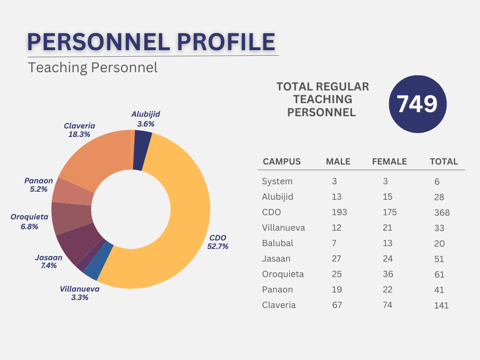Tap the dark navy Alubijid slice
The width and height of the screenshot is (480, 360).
(142, 150)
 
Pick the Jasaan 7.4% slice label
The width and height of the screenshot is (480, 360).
(48, 262)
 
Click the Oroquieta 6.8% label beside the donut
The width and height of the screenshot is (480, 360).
(30, 222)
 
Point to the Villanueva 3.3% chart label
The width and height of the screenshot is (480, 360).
(80, 293)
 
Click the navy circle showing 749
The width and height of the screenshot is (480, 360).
(418, 104)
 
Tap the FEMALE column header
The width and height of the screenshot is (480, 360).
(389, 162)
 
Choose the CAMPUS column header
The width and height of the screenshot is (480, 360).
(282, 162)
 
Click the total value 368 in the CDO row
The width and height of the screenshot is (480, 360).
(442, 213)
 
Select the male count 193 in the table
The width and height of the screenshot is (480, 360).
(339, 212)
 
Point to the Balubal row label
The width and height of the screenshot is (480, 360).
(277, 243)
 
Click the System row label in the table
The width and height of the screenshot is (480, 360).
(277, 181)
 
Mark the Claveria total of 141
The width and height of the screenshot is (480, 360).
(441, 306)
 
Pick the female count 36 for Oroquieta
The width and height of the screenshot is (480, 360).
(387, 274)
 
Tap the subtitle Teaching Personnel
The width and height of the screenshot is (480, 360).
(93, 67)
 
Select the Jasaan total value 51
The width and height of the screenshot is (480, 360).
(439, 259)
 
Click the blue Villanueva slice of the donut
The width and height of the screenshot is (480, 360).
(105, 263)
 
